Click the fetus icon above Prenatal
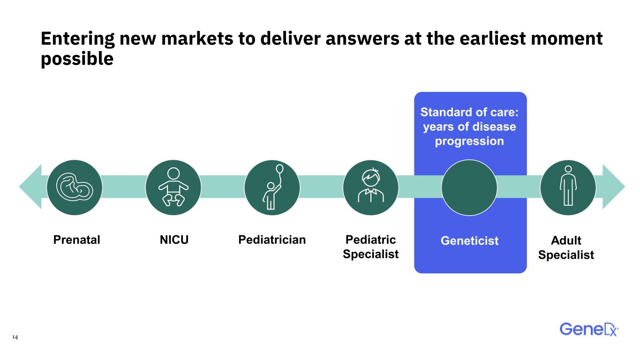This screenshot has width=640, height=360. click(x=75, y=187)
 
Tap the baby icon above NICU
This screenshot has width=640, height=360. click(x=173, y=187)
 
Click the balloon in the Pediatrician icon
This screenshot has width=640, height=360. click(x=280, y=169)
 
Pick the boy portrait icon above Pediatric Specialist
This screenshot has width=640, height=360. click(x=370, y=185)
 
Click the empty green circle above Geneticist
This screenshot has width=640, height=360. click(x=469, y=187)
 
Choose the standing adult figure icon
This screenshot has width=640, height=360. click(x=568, y=186)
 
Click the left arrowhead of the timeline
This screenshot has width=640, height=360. click(x=30, y=187)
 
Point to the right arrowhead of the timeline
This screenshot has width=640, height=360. click(x=614, y=187)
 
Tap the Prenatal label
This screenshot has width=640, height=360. click(x=76, y=240)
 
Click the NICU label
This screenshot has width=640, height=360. click(x=174, y=240)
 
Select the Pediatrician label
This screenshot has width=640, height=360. click(x=272, y=240)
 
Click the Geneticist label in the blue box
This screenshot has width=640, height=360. click(x=469, y=240)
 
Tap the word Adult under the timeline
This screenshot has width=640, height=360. click(x=566, y=240)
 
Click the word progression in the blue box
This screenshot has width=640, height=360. click(x=469, y=141)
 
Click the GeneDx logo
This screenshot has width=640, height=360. click(x=589, y=330)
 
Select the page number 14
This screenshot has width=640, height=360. click(x=15, y=337)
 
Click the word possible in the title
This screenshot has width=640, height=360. click(x=77, y=59)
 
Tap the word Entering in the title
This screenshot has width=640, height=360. click(x=78, y=39)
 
